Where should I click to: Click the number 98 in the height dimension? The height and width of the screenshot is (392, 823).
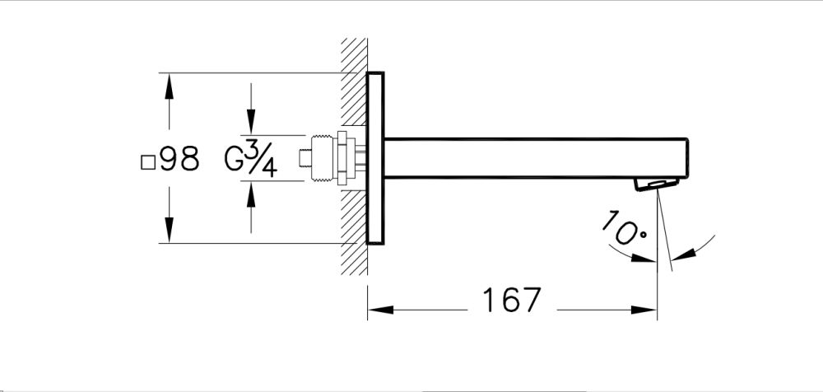(180, 159)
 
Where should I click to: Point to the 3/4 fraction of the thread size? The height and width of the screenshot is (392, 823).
(262, 159)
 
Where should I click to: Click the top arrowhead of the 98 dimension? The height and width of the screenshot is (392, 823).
(170, 86)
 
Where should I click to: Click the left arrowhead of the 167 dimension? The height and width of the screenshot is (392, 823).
(379, 310)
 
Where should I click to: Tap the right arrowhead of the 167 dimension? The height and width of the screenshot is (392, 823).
(646, 310)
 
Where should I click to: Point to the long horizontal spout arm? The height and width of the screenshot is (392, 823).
(535, 157)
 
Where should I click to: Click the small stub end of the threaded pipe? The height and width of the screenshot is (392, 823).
(306, 158)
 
